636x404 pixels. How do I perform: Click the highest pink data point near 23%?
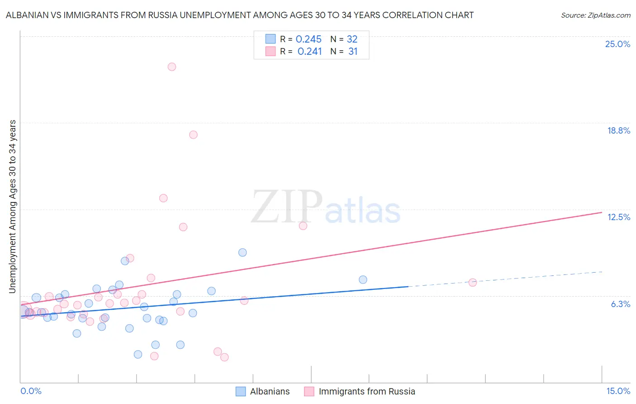tap(172, 67)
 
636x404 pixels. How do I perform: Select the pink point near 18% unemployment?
tap(193, 135)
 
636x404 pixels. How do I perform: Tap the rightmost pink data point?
tap(473, 283)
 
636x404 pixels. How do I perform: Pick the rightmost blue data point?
tap(363, 279)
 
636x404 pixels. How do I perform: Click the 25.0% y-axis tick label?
tap(617, 44)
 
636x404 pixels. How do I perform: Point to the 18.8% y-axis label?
tap(618, 130)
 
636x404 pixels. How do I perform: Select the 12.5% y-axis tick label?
tap(618, 217)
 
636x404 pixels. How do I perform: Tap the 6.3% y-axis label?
tap(620, 304)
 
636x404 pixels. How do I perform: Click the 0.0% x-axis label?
tap(31, 391)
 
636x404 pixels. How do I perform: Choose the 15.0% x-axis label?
tap(618, 391)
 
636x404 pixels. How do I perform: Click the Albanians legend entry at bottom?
tap(270, 391)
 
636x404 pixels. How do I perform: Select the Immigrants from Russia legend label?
tap(366, 391)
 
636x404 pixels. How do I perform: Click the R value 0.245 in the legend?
tap(309, 39)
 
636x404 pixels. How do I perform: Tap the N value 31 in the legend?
tap(353, 52)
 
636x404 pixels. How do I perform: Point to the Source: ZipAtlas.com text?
tap(595, 15)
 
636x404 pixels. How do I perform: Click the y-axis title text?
tap(13, 207)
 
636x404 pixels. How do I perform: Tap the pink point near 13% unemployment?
tap(163, 198)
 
